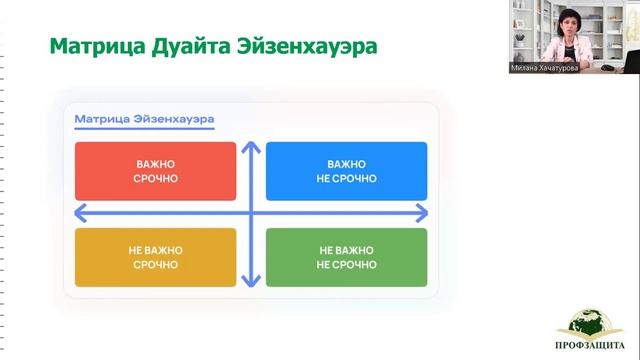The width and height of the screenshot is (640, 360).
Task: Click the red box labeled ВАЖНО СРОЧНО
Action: pyautogui.click(x=155, y=171)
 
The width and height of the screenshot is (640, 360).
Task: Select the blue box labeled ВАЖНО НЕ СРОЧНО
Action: pyautogui.click(x=346, y=171)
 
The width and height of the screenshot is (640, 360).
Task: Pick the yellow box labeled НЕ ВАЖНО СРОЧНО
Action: pyautogui.click(x=155, y=258)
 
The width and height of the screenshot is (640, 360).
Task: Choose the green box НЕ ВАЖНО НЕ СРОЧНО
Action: pyautogui.click(x=346, y=258)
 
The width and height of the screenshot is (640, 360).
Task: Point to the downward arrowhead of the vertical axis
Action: pyautogui.click(x=251, y=282)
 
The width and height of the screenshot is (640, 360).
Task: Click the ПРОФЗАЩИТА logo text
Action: pyautogui.click(x=589, y=349)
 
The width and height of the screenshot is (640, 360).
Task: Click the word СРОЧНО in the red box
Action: pyautogui.click(x=155, y=179)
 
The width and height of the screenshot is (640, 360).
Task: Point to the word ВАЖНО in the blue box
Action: pyautogui.click(x=346, y=163)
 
